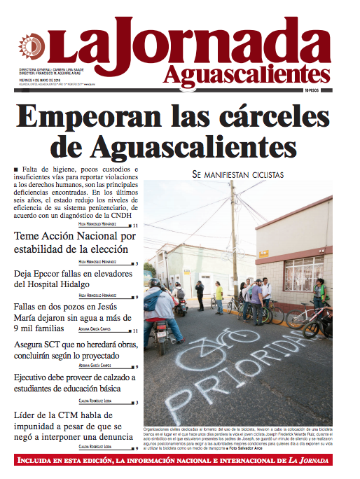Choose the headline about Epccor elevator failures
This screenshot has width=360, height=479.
pyautogui.click(x=74, y=279)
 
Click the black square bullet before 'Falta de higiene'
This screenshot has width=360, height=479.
pyautogui.click(x=15, y=171)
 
